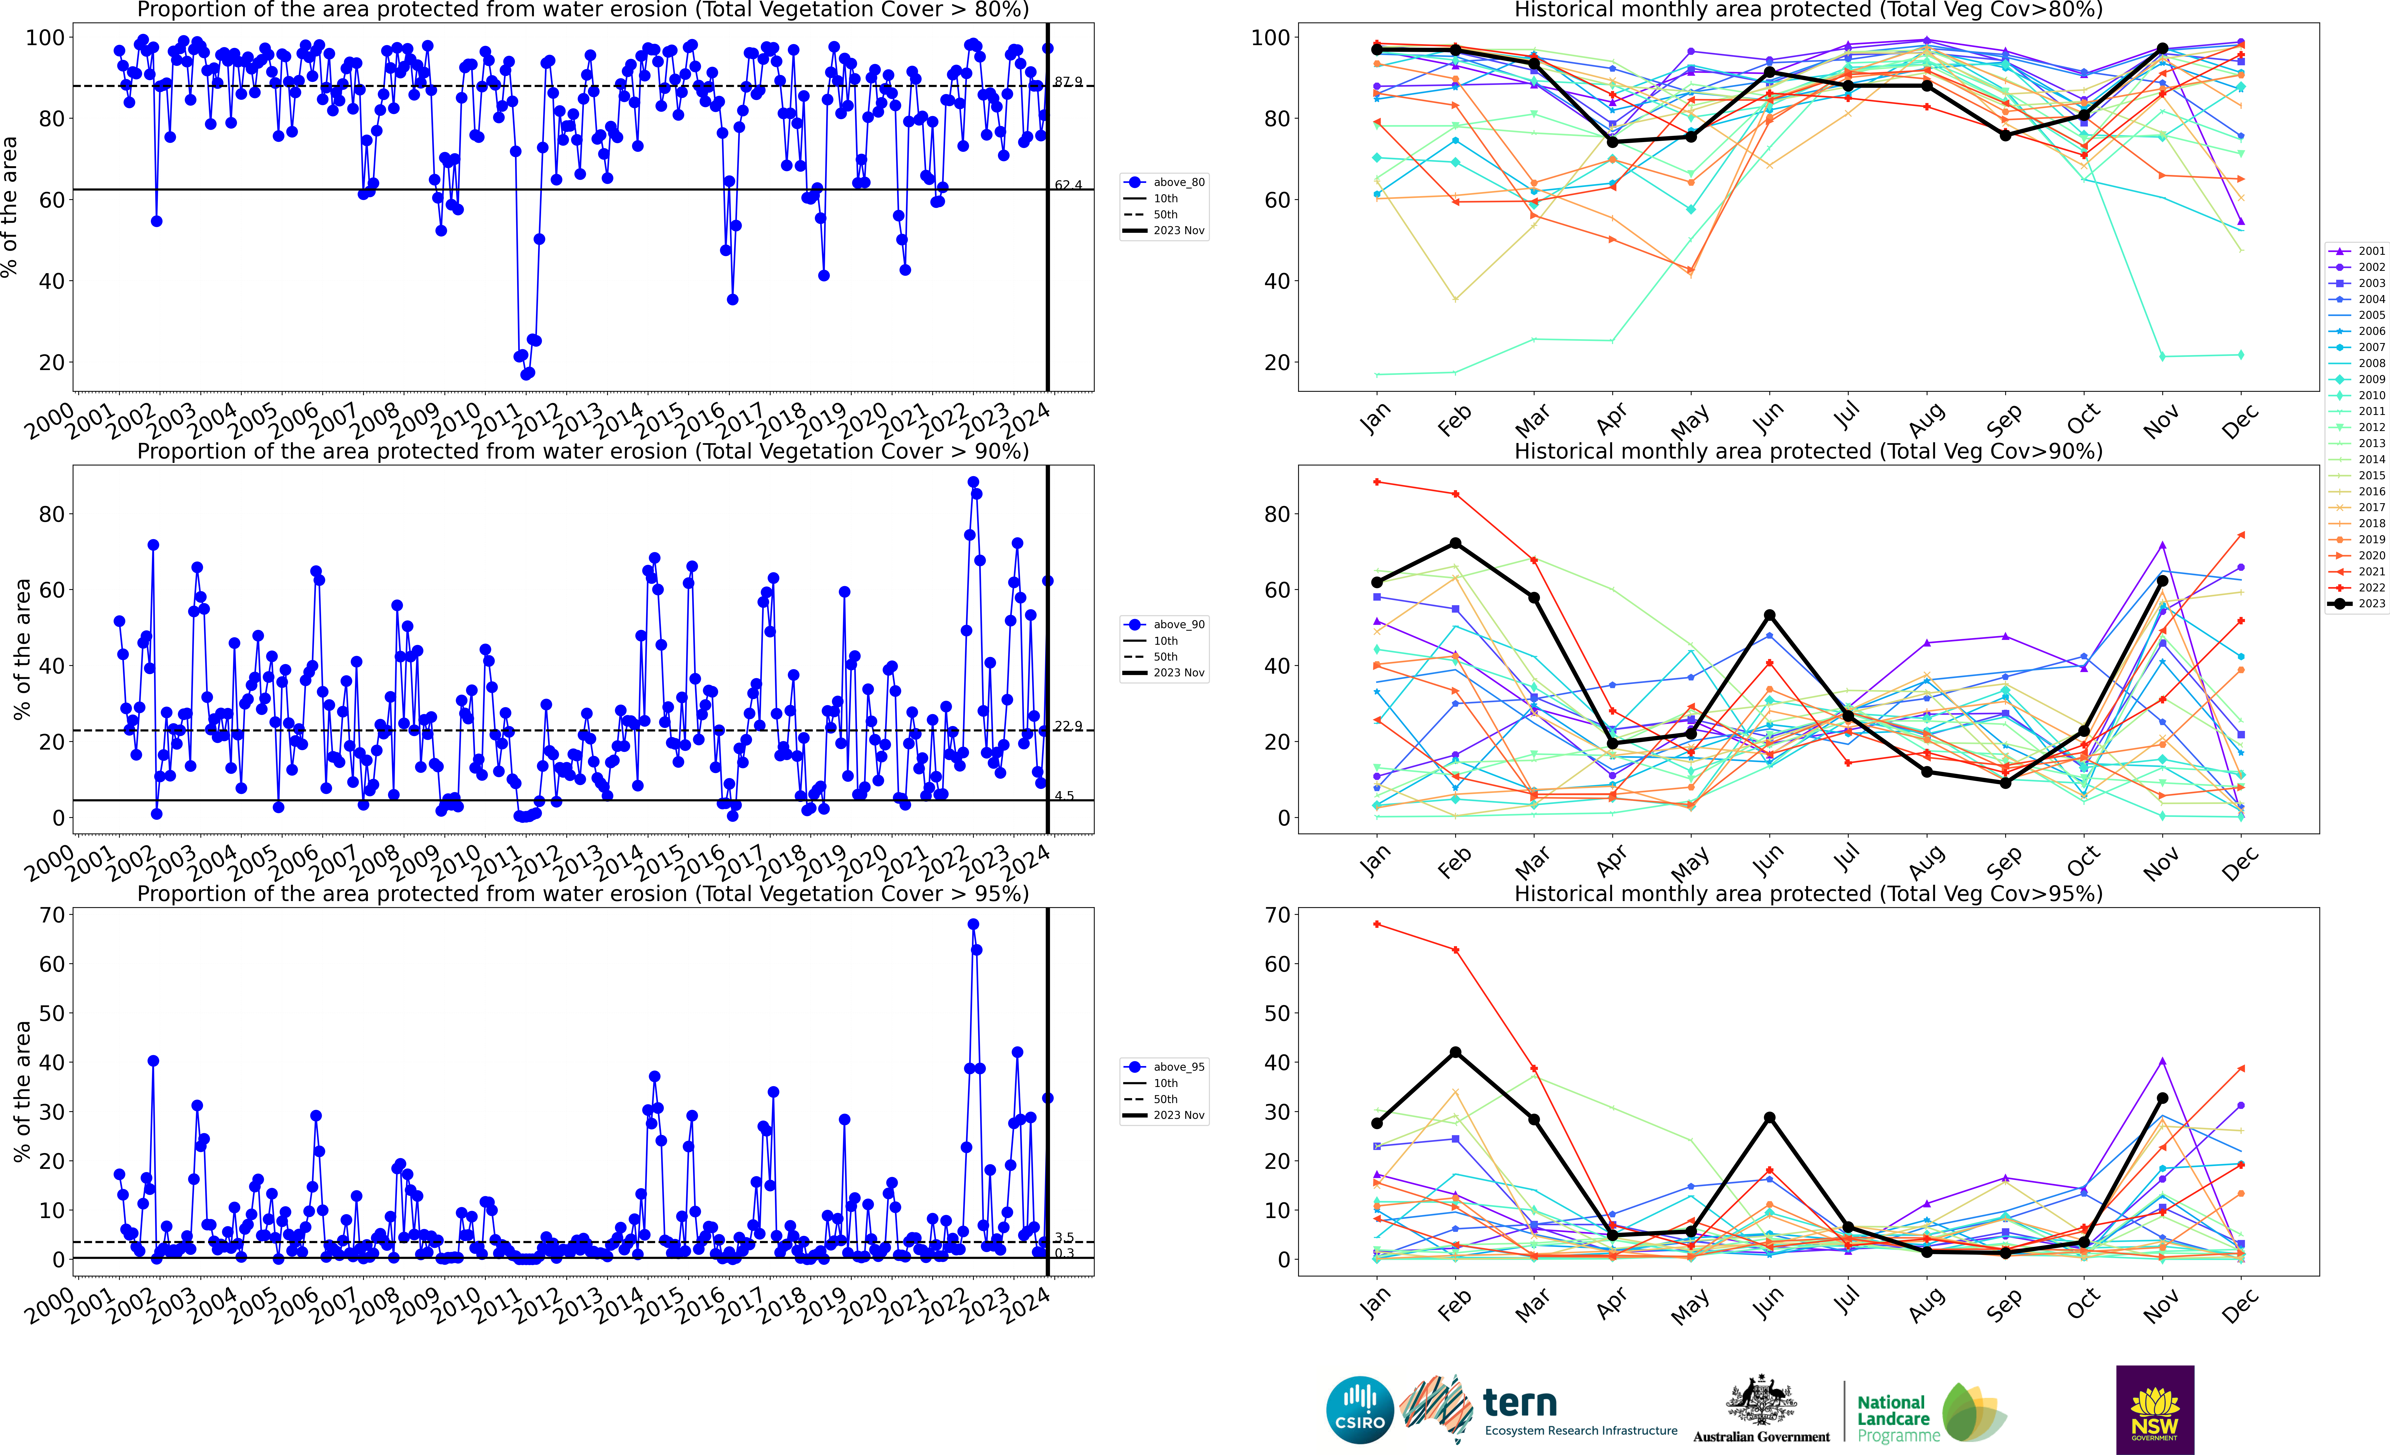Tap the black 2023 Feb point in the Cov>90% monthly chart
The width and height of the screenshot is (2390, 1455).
[x=1455, y=543]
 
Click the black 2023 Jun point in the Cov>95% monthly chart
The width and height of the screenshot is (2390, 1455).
[x=1769, y=1117]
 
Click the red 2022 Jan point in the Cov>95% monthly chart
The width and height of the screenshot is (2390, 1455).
[x=1376, y=925]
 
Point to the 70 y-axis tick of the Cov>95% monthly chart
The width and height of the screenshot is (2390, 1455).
[x=1276, y=915]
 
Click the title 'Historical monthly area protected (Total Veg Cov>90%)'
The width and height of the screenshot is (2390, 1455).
[x=1808, y=451]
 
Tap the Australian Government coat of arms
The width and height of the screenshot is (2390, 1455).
[x=1760, y=1402]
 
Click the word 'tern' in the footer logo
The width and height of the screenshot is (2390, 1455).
[x=1520, y=1403]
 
